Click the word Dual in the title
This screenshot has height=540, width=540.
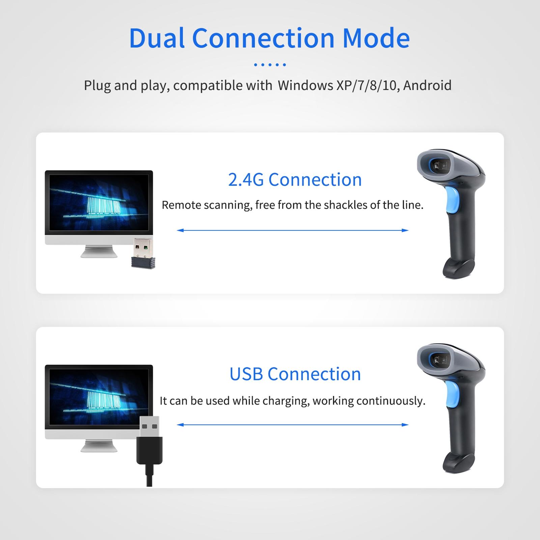[157, 38]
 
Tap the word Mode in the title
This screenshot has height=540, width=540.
[376, 38]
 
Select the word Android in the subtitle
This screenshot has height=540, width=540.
[427, 85]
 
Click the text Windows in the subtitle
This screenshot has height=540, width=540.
[306, 85]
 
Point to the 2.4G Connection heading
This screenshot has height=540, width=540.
[295, 179]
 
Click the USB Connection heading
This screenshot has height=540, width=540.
[295, 374]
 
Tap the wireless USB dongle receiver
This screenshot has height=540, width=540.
[143, 253]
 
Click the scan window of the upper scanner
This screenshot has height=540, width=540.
[439, 165]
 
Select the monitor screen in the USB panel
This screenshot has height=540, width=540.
[94, 395]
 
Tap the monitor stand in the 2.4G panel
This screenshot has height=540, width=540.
[99, 251]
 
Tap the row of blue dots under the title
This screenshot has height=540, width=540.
[270, 64]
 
